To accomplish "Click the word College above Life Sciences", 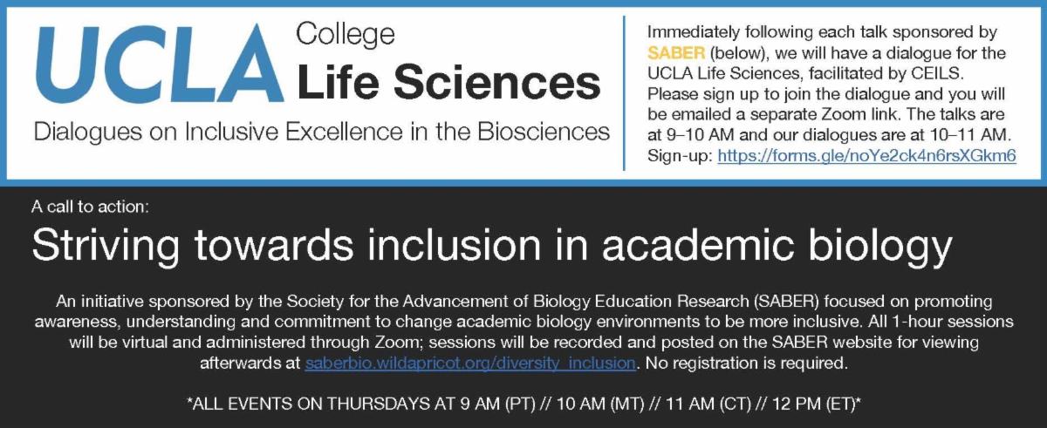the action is tap(346, 36).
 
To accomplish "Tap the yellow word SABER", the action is tap(676, 53).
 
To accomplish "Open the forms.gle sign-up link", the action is tap(866, 155).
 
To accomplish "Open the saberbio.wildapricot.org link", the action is tap(470, 363).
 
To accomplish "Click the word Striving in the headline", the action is tap(106, 246).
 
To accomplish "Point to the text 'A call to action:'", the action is tap(90, 207).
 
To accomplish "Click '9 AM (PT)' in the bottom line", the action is tap(497, 404).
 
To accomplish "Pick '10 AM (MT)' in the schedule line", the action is tap(600, 404).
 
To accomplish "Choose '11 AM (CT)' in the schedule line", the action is tap(708, 404).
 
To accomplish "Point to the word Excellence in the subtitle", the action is tap(344, 132).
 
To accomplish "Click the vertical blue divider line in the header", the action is tap(624, 93).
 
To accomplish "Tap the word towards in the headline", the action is tap(274, 246).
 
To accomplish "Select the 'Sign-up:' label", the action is tap(680, 156).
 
